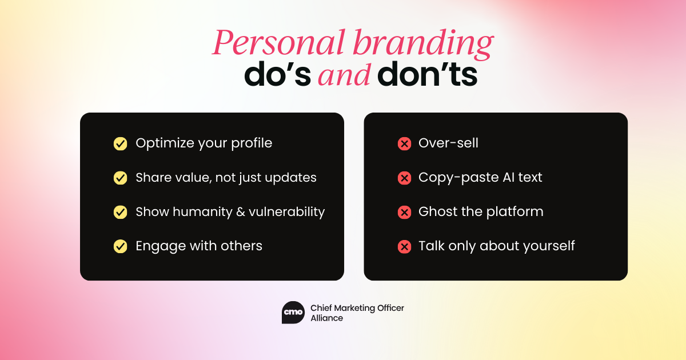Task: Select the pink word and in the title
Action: click(x=344, y=75)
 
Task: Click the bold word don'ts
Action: click(x=427, y=74)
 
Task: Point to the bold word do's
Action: click(x=277, y=74)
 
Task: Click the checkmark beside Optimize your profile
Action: click(x=121, y=144)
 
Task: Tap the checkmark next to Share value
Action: click(x=121, y=178)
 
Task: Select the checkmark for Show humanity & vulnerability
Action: click(x=121, y=212)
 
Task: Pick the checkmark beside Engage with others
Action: click(x=121, y=246)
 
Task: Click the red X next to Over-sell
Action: click(x=404, y=144)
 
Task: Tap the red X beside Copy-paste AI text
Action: click(x=404, y=178)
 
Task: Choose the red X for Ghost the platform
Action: click(x=404, y=212)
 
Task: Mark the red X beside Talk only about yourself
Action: click(x=404, y=246)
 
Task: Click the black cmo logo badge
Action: click(x=293, y=313)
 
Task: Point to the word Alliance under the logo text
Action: click(x=327, y=318)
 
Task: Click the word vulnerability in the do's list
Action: click(x=286, y=212)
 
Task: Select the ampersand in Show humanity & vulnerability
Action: click(x=241, y=212)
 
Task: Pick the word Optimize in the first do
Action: click(x=165, y=143)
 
